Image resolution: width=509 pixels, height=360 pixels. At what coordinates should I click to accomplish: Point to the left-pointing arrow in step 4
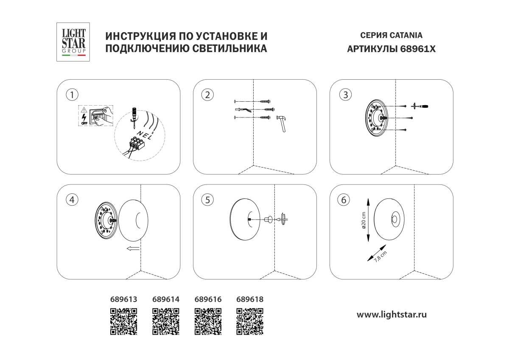[x=133, y=248]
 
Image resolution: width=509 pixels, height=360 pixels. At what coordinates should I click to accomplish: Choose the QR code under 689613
[x=123, y=321]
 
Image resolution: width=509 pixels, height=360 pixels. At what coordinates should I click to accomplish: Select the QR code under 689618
[x=249, y=321]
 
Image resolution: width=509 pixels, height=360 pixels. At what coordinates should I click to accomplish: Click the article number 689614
[x=165, y=299]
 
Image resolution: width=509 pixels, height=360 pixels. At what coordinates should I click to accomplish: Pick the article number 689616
[x=208, y=299]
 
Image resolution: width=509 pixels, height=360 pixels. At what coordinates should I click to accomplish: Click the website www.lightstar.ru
[x=391, y=314]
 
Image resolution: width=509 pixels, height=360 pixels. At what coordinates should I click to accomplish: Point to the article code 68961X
[x=418, y=49]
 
